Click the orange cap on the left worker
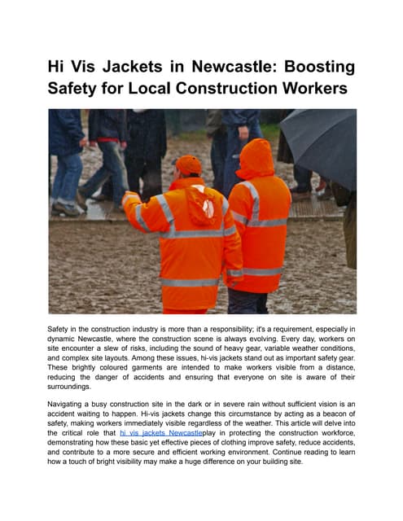188,164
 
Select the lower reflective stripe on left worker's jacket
189,282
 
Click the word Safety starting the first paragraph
62,328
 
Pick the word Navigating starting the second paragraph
72,402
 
